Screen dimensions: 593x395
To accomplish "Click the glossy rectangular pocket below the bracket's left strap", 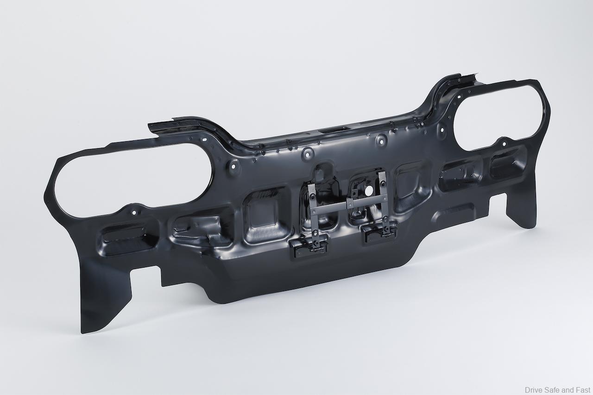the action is coord(309,249).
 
